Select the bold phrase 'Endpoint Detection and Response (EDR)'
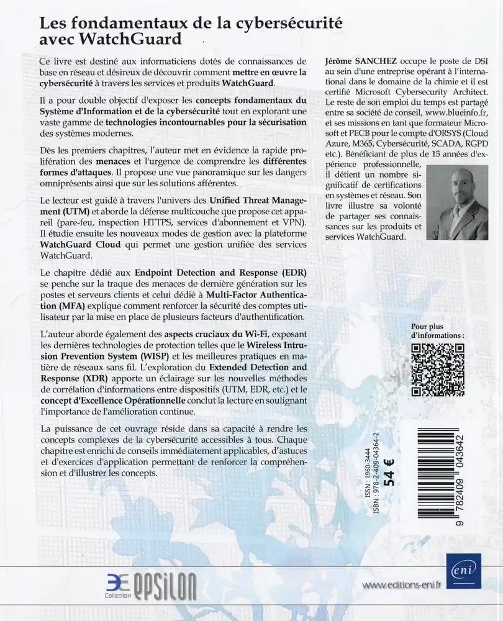(x=221, y=272)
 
